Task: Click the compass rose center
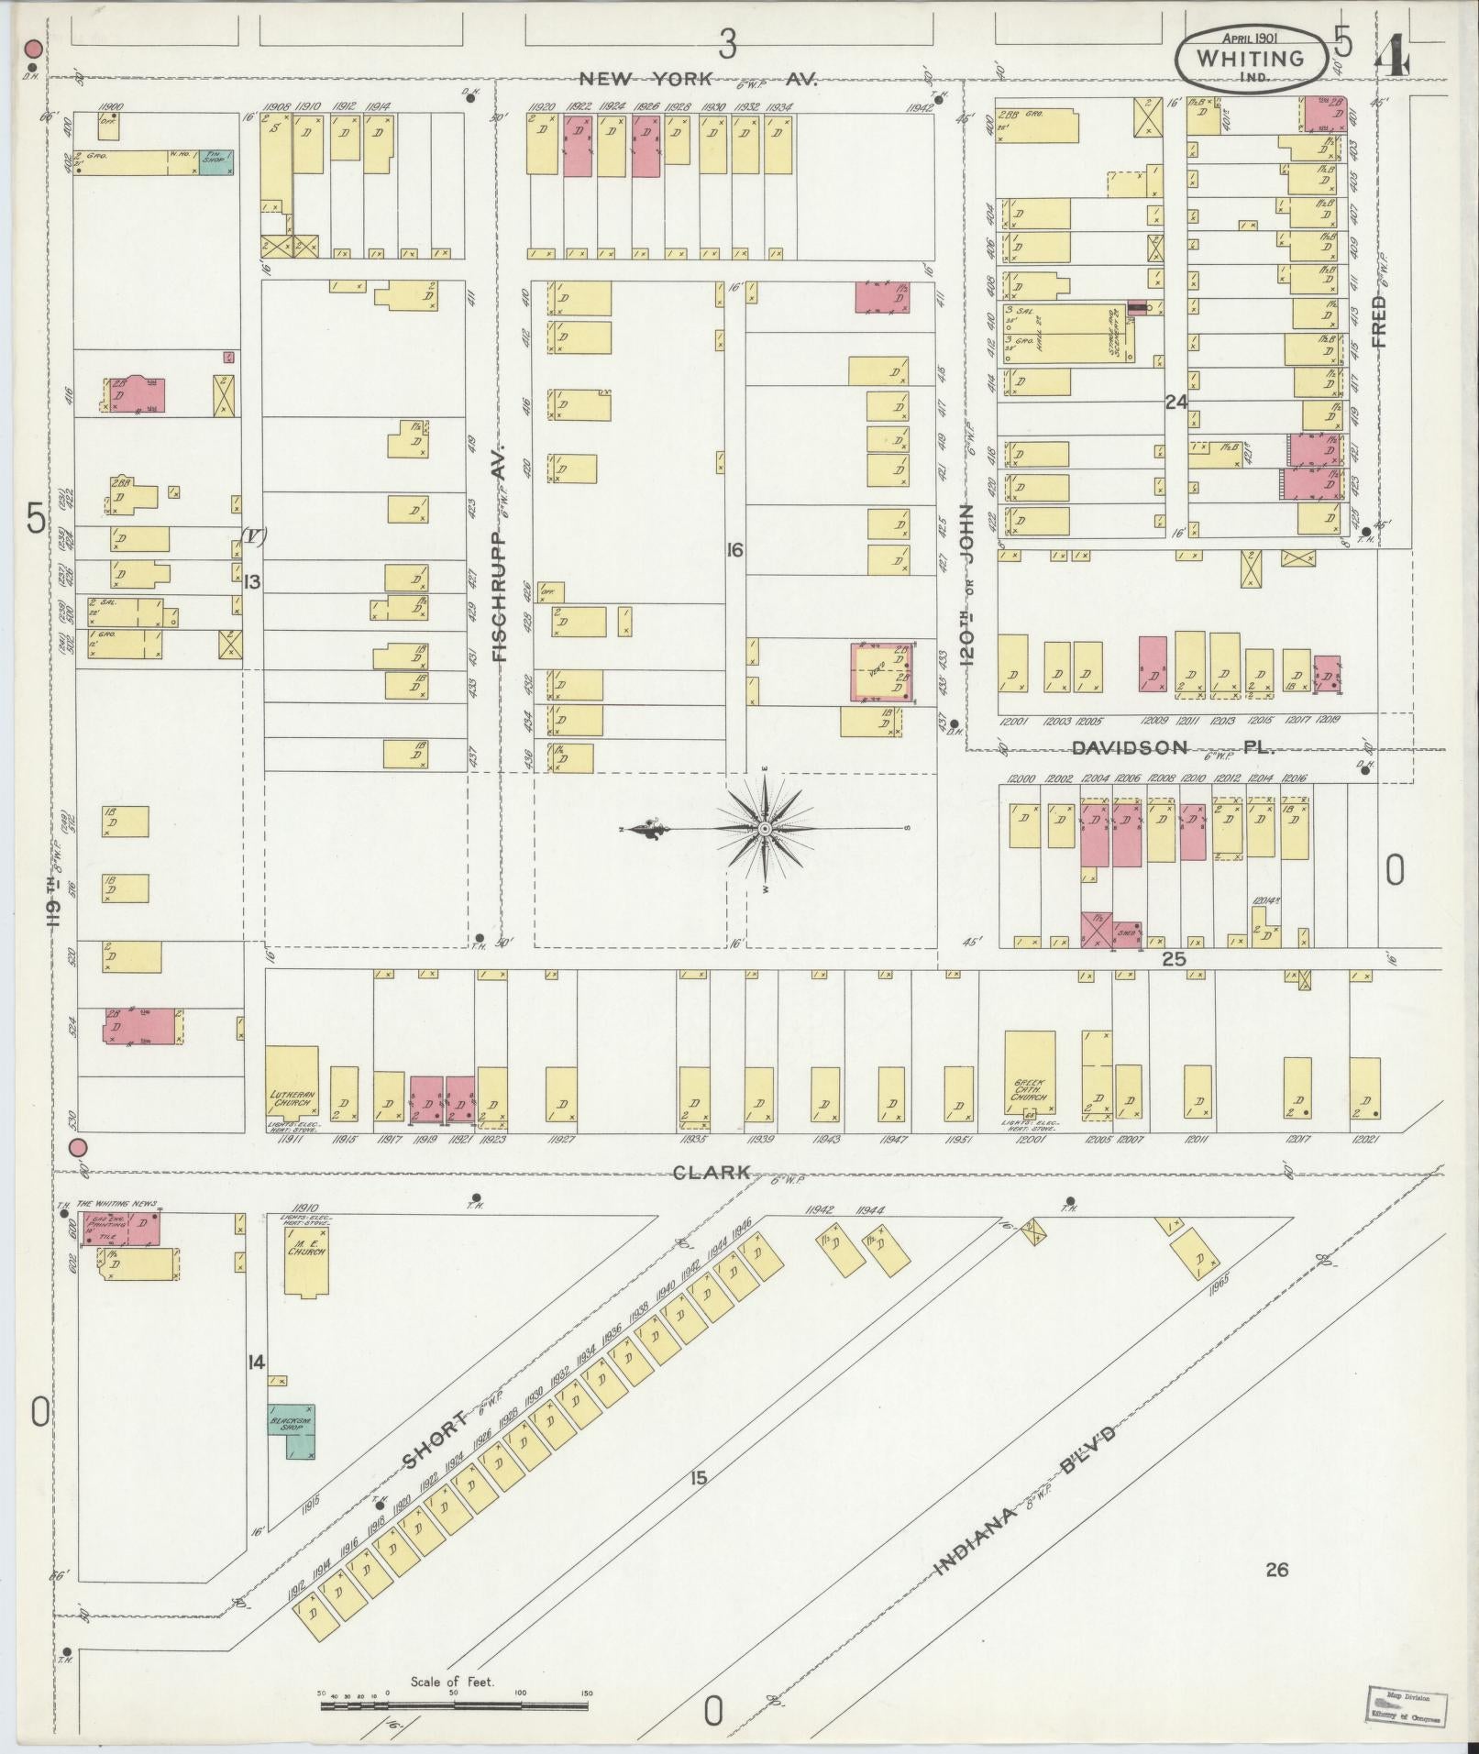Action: [x=764, y=828]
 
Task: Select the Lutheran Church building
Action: [x=292, y=1091]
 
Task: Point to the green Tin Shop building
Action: [x=216, y=161]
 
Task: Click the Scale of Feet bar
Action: [x=454, y=1705]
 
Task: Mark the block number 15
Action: [x=699, y=1477]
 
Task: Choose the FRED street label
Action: [x=1377, y=320]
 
